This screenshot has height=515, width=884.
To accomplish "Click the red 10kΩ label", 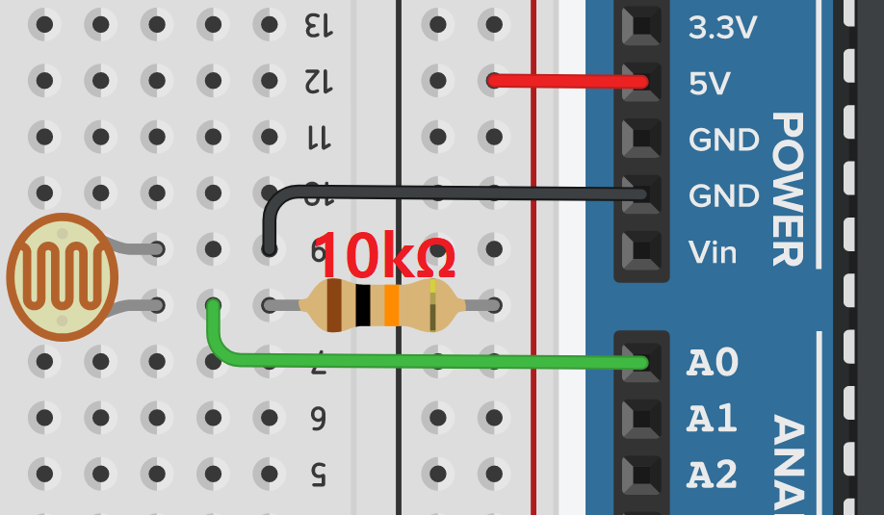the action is [x=384, y=255].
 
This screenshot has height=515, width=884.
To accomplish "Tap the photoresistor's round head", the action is [x=63, y=277].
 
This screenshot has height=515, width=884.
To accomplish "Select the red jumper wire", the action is [x=568, y=81].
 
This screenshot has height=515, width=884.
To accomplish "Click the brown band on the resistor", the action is [x=334, y=305].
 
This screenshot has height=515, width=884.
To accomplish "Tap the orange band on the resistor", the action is [x=391, y=305].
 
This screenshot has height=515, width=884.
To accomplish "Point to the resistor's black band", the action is [x=362, y=305].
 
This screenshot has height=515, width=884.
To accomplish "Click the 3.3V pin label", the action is [x=723, y=29].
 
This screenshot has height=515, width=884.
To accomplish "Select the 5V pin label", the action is [x=710, y=85].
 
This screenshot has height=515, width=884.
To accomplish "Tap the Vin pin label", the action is [x=713, y=253].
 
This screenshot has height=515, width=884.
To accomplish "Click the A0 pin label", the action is [x=713, y=363].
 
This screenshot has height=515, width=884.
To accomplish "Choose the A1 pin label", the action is [x=713, y=419].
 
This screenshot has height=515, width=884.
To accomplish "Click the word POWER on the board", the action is [x=788, y=189].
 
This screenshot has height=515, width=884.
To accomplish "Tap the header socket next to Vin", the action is [x=641, y=251].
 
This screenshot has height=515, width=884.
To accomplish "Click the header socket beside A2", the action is [x=641, y=474].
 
